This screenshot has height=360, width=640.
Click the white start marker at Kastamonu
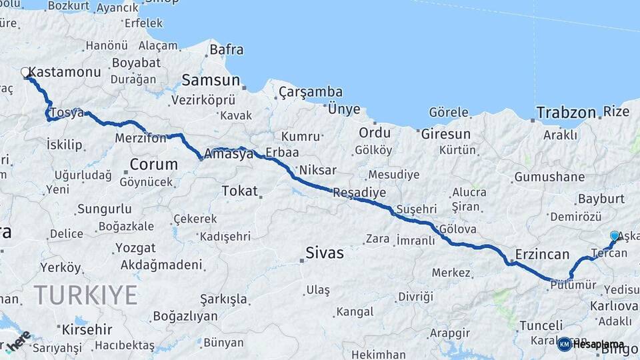25,72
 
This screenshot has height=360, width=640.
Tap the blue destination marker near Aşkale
615,235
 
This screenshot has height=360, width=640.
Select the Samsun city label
211,80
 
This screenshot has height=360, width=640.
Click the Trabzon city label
566,113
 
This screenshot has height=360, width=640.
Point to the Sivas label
325,253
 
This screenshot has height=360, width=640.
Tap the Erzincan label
542,255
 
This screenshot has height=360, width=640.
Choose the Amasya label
229,153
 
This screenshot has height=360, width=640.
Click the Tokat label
239,191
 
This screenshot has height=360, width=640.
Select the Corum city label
153,164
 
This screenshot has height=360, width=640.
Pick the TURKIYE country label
85,295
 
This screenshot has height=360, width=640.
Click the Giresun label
445,133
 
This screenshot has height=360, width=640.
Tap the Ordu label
375,132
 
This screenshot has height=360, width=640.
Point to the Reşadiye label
359,193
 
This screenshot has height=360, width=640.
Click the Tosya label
66,113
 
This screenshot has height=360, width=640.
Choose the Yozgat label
135,248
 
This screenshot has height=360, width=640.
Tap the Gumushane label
549,177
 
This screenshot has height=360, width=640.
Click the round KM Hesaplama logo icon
564,344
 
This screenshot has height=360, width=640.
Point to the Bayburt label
601,199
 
